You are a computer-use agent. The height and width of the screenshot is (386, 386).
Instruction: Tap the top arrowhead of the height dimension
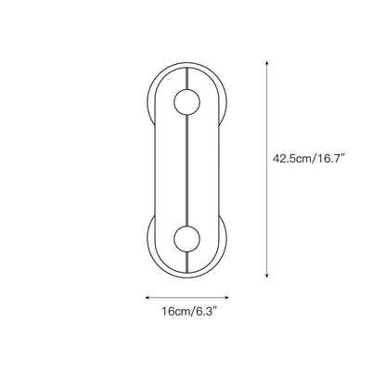(x=266, y=63)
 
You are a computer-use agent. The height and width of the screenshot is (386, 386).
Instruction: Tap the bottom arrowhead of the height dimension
(x=266, y=276)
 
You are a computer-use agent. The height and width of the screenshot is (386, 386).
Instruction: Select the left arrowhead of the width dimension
(x=148, y=298)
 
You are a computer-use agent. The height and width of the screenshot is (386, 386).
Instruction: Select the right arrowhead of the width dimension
(x=226, y=298)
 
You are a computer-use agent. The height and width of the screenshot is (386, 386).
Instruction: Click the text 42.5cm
(x=292, y=159)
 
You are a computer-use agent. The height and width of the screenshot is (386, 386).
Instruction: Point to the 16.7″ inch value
(x=329, y=159)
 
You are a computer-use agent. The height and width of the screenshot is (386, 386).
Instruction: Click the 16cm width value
(x=174, y=312)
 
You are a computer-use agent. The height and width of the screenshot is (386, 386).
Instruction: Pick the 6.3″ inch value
(x=204, y=312)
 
